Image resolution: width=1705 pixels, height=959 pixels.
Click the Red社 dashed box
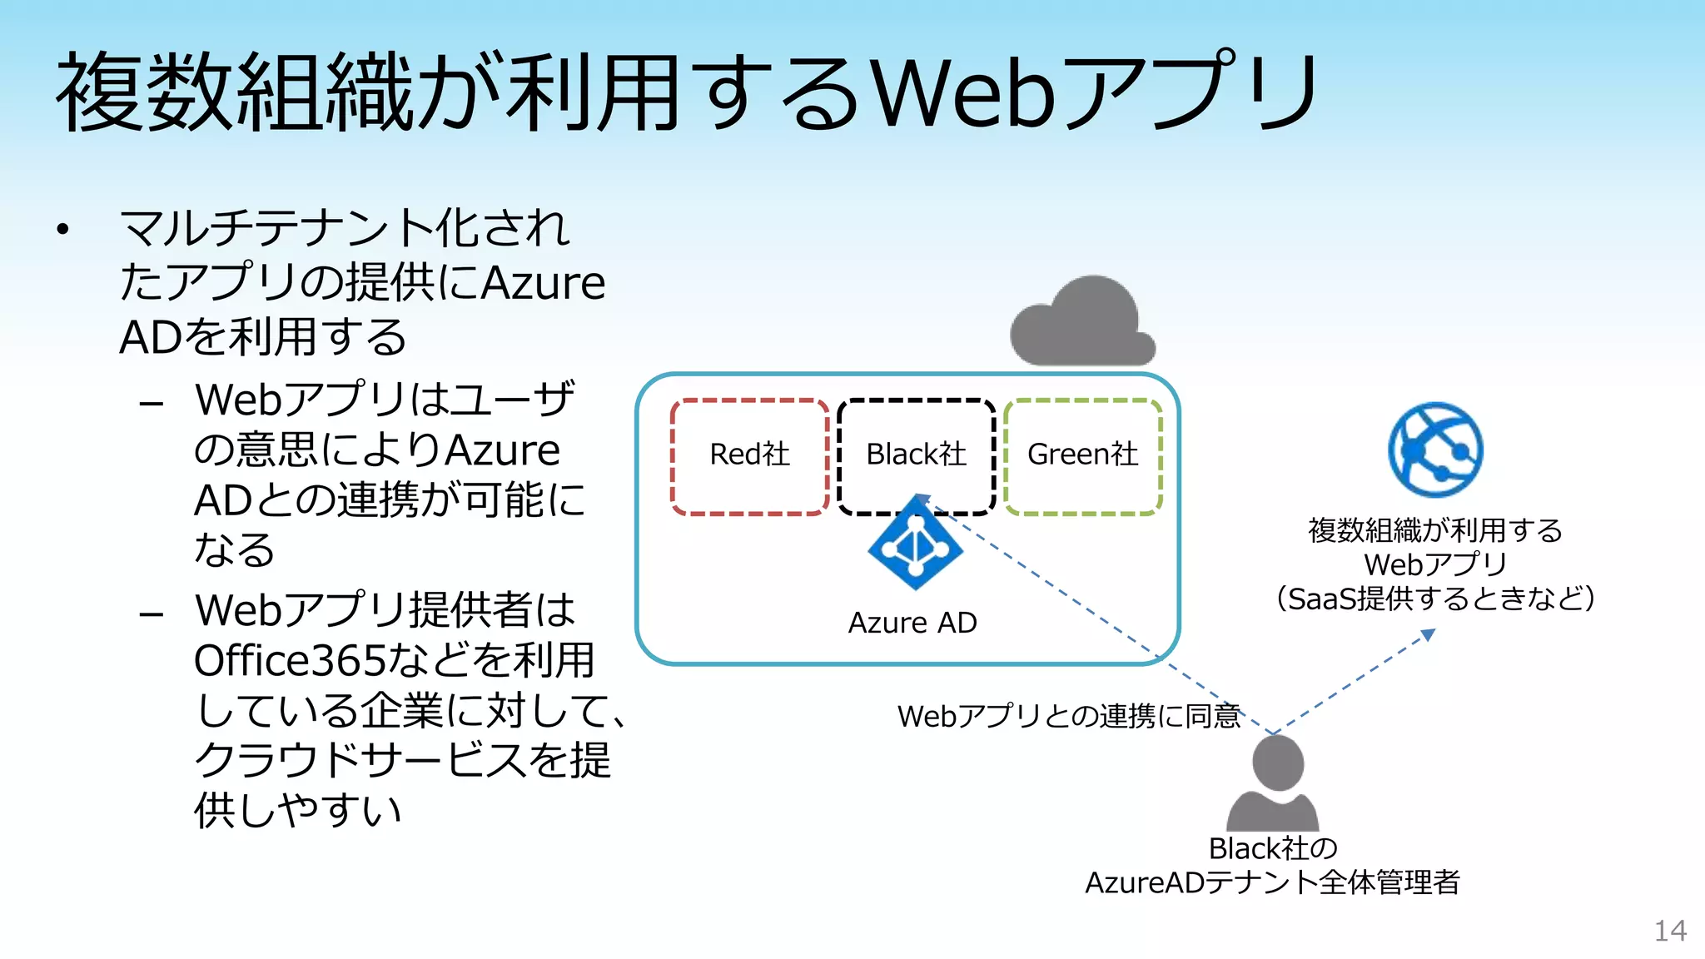click(x=749, y=456)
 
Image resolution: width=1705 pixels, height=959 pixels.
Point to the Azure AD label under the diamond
click(x=912, y=623)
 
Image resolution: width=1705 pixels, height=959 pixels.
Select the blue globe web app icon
click(x=1435, y=450)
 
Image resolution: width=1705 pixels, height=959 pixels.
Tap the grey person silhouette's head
click(x=1277, y=763)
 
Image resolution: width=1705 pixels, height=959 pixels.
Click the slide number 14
click(x=1670, y=931)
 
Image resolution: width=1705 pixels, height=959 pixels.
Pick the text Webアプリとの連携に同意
click(x=1069, y=716)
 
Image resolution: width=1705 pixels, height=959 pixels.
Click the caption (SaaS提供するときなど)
click(x=1435, y=599)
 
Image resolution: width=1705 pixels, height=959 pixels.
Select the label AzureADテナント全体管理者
click(x=1272, y=882)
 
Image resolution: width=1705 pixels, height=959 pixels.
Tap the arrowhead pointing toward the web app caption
click(x=1429, y=635)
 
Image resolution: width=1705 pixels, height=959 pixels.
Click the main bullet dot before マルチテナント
click(x=62, y=230)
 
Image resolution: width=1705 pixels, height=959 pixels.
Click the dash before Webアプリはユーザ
click(x=152, y=405)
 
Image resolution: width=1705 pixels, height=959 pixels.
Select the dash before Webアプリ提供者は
click(x=152, y=615)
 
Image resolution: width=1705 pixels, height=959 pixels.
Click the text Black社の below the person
click(x=1272, y=848)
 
